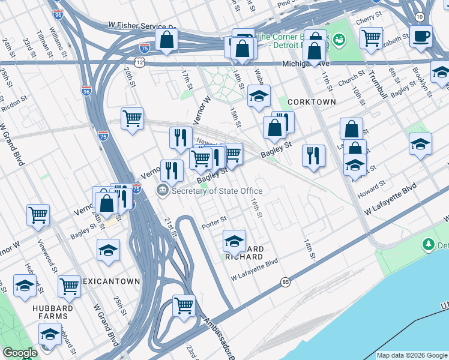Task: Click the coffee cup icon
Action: point(421,35)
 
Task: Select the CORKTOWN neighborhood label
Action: point(312,102)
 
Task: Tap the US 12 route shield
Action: point(139,62)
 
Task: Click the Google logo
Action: point(20,353)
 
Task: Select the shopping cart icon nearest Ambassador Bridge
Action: point(184,305)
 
